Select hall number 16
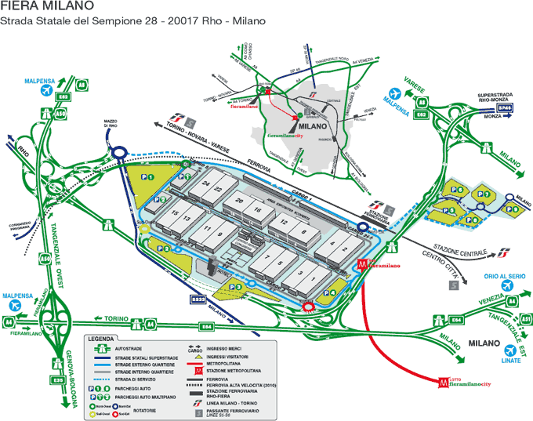click(256, 210)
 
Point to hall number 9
click(222, 234)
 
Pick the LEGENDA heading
click(101, 339)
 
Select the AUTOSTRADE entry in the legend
click(129, 350)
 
